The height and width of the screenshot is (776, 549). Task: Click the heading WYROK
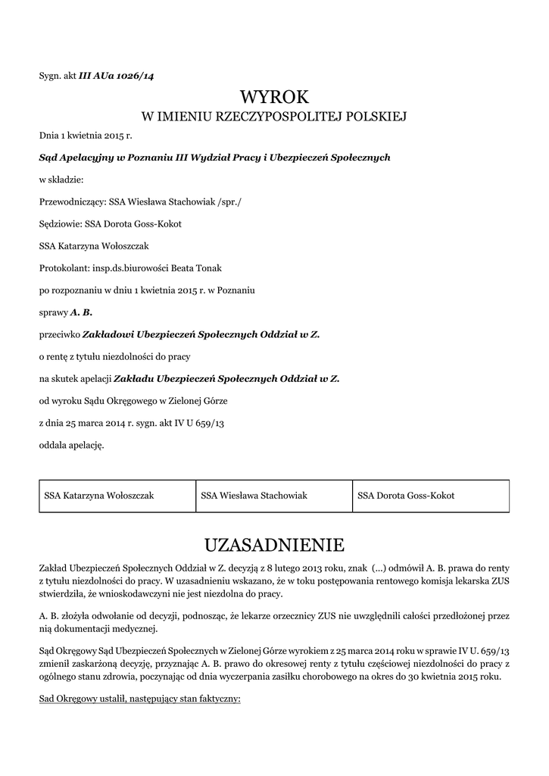pos(274,97)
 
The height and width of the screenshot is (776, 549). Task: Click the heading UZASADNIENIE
pos(274,545)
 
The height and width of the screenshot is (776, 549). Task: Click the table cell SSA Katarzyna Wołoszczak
pos(99,496)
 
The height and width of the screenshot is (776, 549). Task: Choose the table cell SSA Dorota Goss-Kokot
pos(406,496)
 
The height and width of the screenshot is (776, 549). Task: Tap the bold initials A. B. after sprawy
pos(81,311)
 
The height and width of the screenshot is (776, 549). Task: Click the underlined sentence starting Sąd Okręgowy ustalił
pos(139,699)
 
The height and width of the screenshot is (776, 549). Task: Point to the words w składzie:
pos(61,180)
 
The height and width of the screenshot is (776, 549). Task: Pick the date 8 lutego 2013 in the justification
pos(296,567)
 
